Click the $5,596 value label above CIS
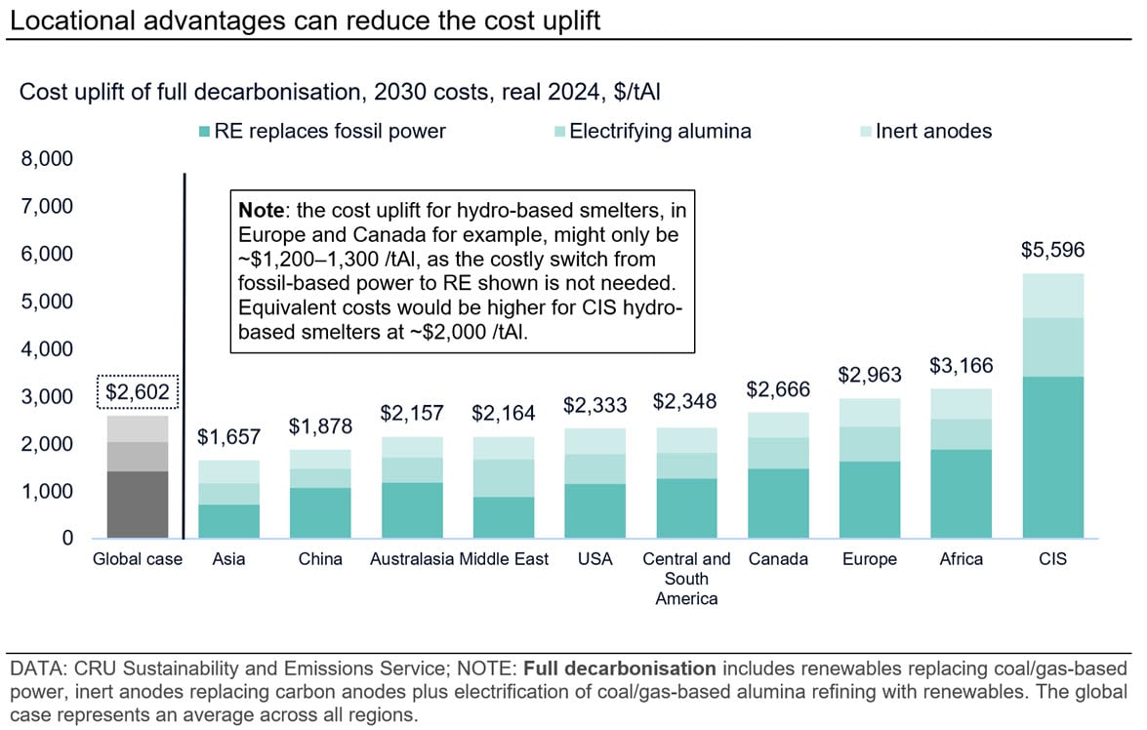click(x=1052, y=250)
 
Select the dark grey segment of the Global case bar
click(x=139, y=504)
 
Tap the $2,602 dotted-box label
click(x=138, y=393)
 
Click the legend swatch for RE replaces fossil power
click(x=203, y=131)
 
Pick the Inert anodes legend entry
click(x=927, y=131)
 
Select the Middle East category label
click(x=504, y=559)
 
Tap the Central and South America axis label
click(x=686, y=579)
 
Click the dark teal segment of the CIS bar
click(x=1052, y=457)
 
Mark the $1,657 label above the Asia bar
click(x=229, y=437)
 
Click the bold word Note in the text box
click(x=261, y=210)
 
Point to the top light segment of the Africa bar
click(x=961, y=403)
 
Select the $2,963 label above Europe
click(x=869, y=376)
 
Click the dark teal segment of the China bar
click(x=321, y=512)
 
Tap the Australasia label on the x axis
click(x=412, y=559)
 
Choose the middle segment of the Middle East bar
click(x=504, y=478)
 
